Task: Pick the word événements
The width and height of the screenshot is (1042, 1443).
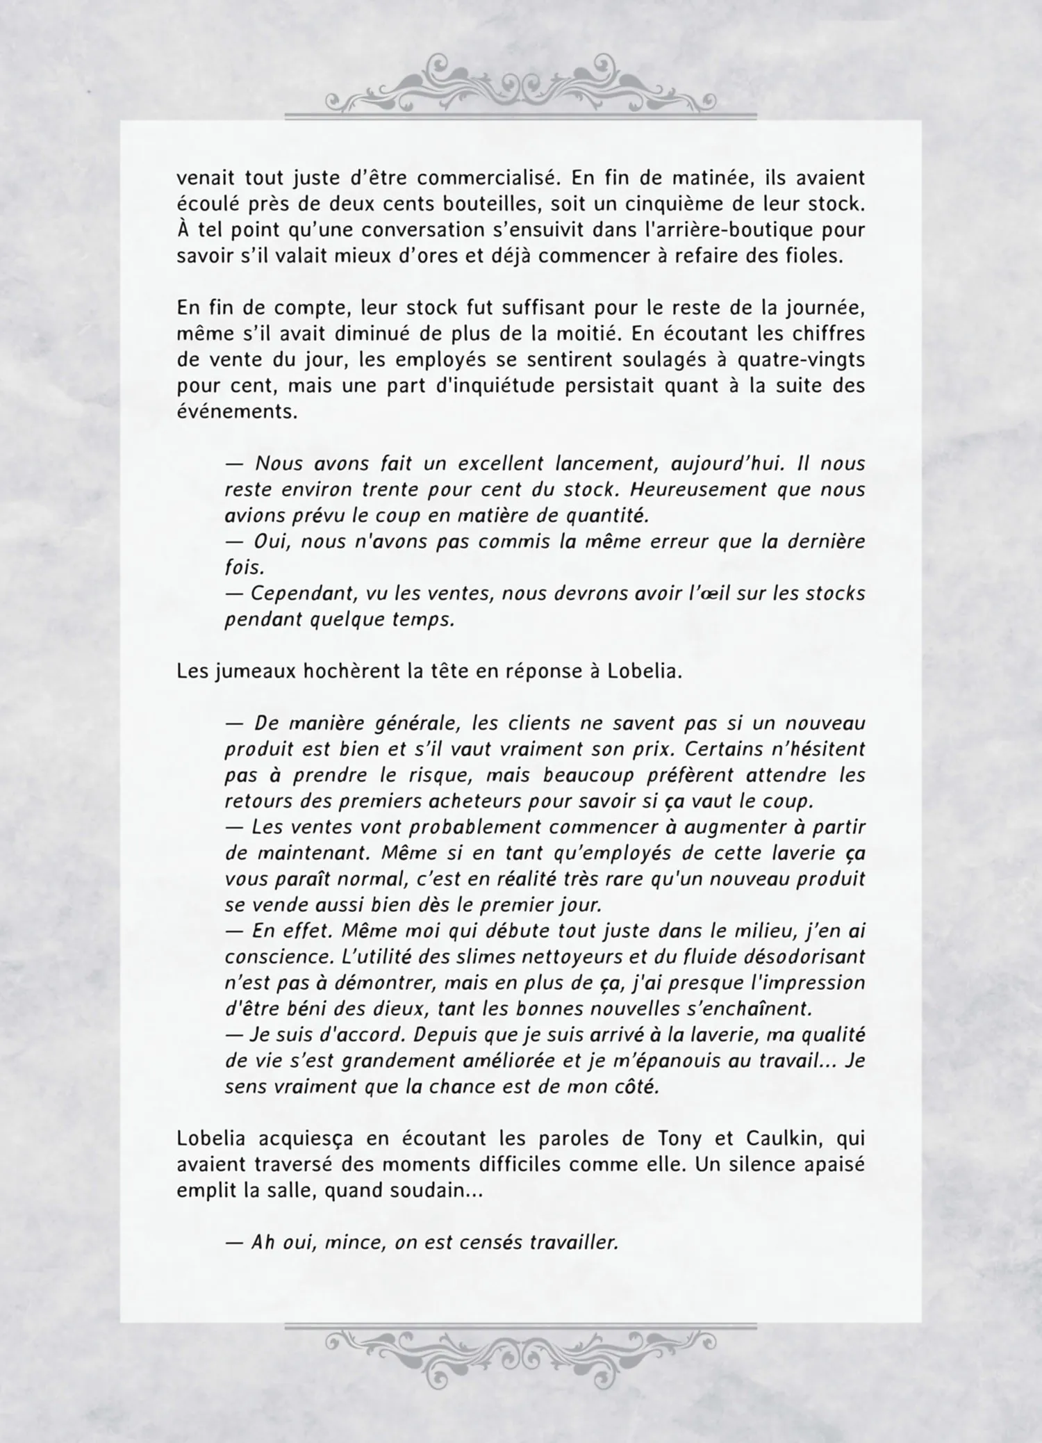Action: [237, 411]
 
